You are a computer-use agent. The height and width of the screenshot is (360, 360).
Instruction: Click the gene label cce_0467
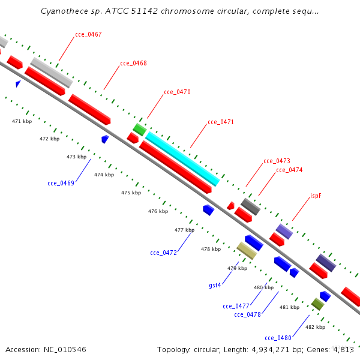(88, 34)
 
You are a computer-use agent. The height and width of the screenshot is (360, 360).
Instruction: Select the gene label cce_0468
(133, 63)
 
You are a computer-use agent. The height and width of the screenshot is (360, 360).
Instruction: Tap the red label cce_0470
(177, 92)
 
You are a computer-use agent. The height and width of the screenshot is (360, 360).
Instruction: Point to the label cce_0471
(221, 122)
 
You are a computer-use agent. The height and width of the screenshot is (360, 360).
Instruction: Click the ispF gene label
(316, 196)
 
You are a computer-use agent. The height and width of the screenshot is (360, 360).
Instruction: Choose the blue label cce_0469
(61, 183)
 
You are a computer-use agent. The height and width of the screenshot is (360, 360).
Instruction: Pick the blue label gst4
(215, 285)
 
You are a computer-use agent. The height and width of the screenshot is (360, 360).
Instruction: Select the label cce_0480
(278, 338)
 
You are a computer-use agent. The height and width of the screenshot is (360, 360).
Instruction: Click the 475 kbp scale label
(131, 193)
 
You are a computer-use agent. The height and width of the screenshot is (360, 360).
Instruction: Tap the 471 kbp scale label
(22, 121)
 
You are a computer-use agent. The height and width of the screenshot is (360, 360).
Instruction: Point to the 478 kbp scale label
(211, 249)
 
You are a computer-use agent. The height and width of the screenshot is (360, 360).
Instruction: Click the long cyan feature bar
(182, 159)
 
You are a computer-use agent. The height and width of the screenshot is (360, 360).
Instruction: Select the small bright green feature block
(140, 130)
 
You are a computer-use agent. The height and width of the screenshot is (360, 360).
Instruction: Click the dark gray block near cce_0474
(251, 206)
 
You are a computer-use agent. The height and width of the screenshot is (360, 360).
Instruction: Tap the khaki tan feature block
(247, 251)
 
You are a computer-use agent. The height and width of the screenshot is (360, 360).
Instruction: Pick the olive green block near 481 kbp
(318, 304)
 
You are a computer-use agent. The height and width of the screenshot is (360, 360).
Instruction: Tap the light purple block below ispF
(284, 232)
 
